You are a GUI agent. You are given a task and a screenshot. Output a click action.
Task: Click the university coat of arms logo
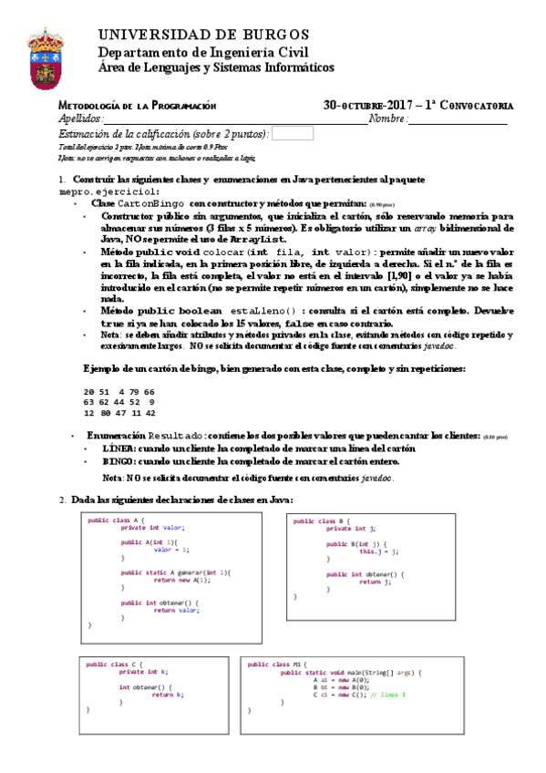(x=46, y=54)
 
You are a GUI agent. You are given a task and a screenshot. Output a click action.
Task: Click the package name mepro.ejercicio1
(x=108, y=192)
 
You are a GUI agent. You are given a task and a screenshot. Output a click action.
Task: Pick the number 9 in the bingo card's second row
(x=150, y=402)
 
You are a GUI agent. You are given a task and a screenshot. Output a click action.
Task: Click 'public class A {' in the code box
(x=117, y=520)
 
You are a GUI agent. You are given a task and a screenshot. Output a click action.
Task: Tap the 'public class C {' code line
(x=115, y=664)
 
